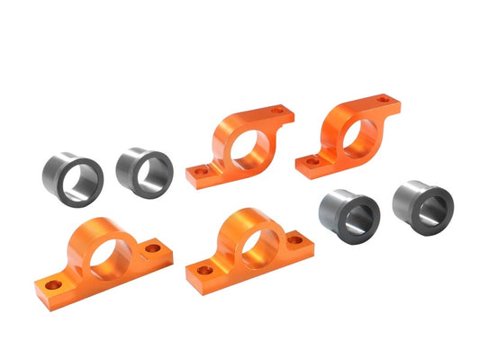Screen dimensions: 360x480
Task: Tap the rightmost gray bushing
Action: pos(424,205)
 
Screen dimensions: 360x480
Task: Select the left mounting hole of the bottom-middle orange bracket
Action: pos(205,269)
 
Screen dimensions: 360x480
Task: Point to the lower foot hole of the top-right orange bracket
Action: pos(312,162)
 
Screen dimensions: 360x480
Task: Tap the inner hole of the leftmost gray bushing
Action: pos(81,181)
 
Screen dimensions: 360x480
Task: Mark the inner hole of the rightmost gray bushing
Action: pos(430,207)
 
